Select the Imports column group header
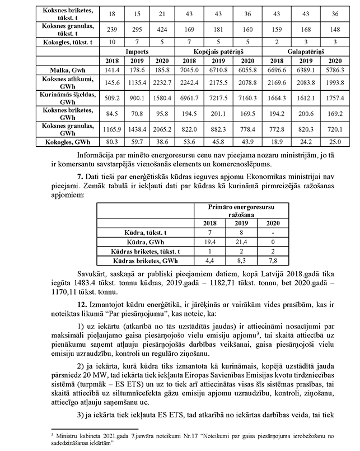(121, 50)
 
